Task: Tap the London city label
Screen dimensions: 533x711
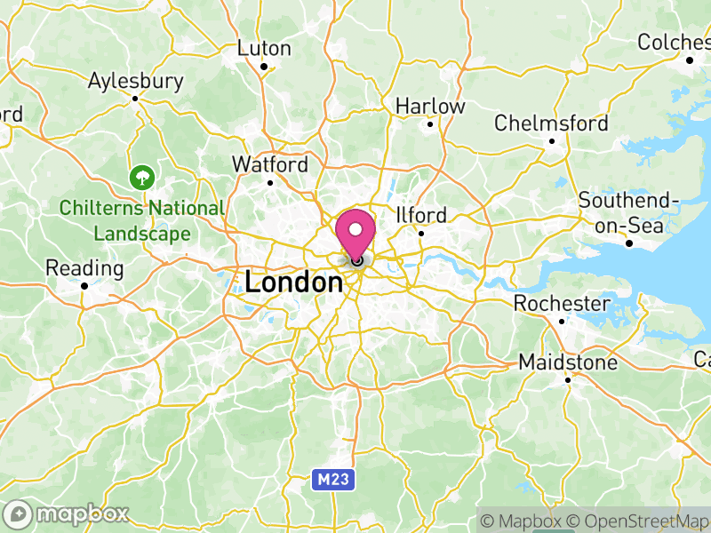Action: pos(293,283)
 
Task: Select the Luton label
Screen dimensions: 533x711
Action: pos(264,48)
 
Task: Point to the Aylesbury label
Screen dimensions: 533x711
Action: pos(135,81)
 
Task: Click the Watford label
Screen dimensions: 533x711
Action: pos(270,164)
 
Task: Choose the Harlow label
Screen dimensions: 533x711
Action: pos(430,106)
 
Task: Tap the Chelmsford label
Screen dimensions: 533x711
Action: pos(551,123)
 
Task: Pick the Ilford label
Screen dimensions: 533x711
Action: pos(421,215)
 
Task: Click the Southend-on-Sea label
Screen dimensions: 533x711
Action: pos(628,213)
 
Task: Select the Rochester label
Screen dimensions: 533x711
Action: pos(562,304)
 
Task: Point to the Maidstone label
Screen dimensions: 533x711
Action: pos(568,362)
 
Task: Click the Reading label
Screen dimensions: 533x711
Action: pos(84,268)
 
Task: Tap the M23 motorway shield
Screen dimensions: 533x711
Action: pos(336,480)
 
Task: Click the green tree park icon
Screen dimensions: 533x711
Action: pos(140,178)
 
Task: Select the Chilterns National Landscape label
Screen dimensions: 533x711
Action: pos(142,221)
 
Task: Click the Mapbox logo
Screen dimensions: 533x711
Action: pos(68,513)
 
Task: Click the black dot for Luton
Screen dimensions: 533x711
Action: pos(264,66)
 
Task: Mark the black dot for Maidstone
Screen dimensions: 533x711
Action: pos(568,379)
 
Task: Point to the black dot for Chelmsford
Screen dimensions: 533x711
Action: pos(551,140)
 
